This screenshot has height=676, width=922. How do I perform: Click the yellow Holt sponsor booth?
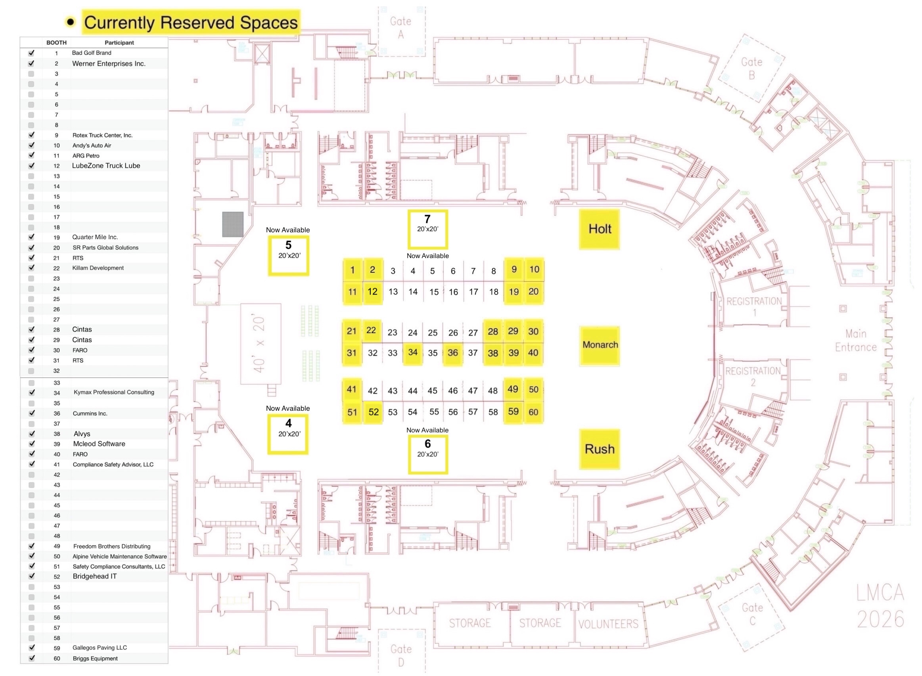pyautogui.click(x=599, y=229)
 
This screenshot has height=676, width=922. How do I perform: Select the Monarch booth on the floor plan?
pyautogui.click(x=599, y=345)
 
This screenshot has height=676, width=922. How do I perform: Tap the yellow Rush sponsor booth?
pyautogui.click(x=599, y=449)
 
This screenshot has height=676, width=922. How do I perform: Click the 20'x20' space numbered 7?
pyautogui.click(x=427, y=229)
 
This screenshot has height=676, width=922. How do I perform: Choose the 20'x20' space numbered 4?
pyautogui.click(x=288, y=434)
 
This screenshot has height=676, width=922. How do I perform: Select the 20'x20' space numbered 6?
pyautogui.click(x=427, y=454)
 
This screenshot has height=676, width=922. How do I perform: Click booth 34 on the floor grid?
pyautogui.click(x=412, y=352)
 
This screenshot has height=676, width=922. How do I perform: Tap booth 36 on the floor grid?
pyautogui.click(x=452, y=353)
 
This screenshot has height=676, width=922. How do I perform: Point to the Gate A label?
pyautogui.click(x=401, y=27)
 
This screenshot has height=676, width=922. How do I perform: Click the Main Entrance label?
pyautogui.click(x=856, y=341)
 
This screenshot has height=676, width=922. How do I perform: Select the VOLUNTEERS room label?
pyautogui.click(x=608, y=624)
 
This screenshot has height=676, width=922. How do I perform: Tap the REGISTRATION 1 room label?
pyautogui.click(x=754, y=306)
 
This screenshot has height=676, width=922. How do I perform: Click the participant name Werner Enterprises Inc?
pyautogui.click(x=109, y=63)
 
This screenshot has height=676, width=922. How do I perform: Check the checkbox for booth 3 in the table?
pyautogui.click(x=31, y=74)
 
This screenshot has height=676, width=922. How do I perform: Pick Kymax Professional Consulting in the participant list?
pyautogui.click(x=114, y=392)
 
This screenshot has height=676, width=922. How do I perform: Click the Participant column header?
pyautogui.click(x=119, y=42)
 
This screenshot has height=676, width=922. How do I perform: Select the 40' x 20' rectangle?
pyautogui.click(x=261, y=344)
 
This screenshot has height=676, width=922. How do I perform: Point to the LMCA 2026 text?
pyautogui.click(x=880, y=606)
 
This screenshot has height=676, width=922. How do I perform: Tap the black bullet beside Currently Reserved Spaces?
pyautogui.click(x=70, y=22)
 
